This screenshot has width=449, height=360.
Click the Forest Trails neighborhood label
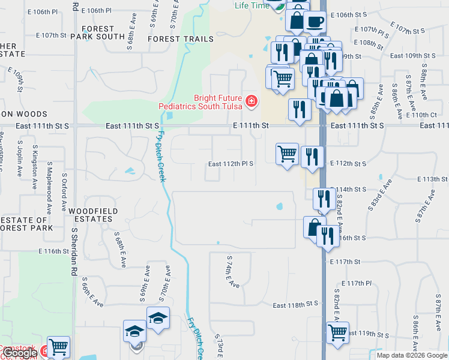click(180, 39)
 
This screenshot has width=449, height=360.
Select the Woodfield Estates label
click(90, 215)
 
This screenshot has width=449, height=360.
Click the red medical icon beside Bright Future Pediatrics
click(251, 102)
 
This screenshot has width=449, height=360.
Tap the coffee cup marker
click(315, 22)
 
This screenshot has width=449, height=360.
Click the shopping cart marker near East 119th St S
click(338, 332)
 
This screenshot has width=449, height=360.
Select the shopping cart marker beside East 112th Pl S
click(288, 154)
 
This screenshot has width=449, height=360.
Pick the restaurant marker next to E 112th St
click(312, 157)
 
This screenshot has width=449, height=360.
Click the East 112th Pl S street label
click(231, 163)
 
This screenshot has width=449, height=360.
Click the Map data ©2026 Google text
click(412, 355)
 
